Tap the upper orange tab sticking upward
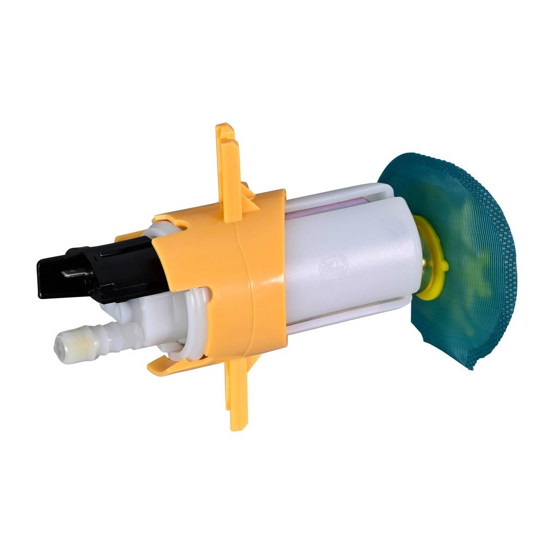(x=229, y=173)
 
